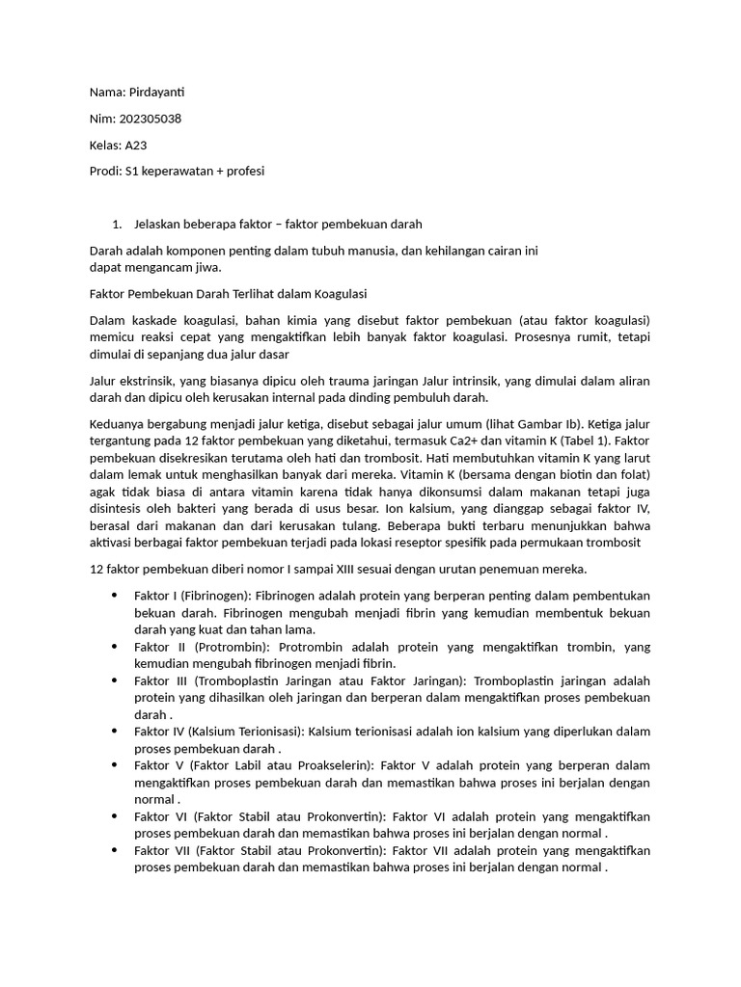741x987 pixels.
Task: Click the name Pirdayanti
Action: pyautogui.click(x=156, y=93)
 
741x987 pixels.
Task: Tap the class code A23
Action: pyautogui.click(x=136, y=146)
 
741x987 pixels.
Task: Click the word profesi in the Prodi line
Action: pyautogui.click(x=242, y=172)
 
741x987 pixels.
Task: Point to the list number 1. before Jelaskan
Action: pyautogui.click(x=117, y=225)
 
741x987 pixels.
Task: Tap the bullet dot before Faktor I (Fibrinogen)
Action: pyautogui.click(x=116, y=596)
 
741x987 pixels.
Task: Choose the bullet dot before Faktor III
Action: pyautogui.click(x=116, y=680)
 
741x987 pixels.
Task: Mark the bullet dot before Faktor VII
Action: pyautogui.click(x=116, y=850)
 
